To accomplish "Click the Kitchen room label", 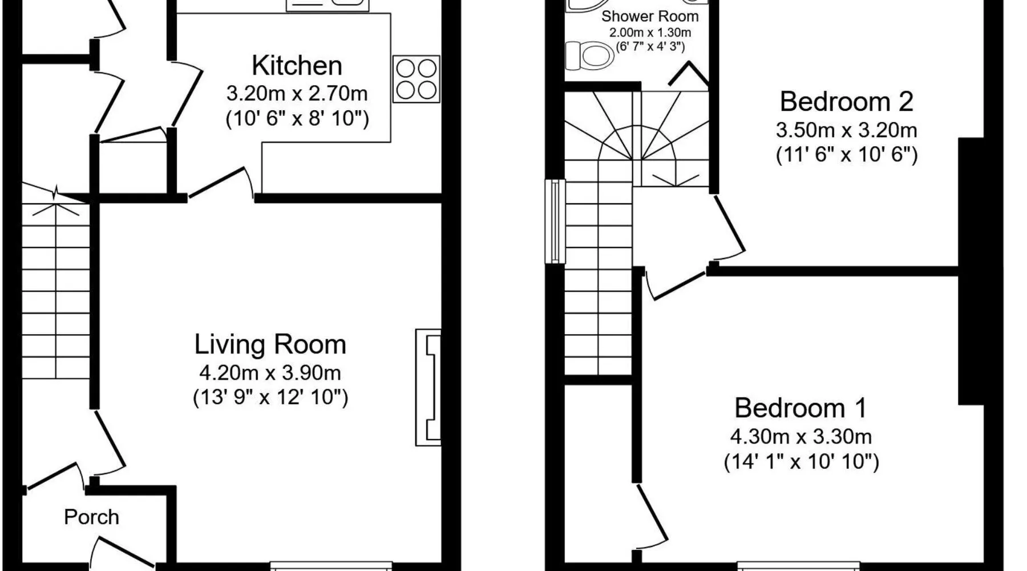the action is [x=297, y=66].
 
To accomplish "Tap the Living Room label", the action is [x=270, y=344].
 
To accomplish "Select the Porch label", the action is [x=91, y=517].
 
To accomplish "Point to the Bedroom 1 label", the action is [x=800, y=408].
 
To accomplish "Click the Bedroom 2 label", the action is [x=846, y=102].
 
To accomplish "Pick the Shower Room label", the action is [x=650, y=16].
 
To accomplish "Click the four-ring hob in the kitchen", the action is [x=417, y=79].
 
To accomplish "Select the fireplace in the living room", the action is [x=428, y=387].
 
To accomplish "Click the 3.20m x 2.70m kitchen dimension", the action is [x=297, y=93].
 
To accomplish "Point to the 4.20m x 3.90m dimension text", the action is [x=270, y=373].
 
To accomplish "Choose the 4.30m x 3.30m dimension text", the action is [x=800, y=437].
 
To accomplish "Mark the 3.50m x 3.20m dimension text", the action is [x=846, y=130].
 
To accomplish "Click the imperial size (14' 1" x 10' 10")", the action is [x=801, y=461].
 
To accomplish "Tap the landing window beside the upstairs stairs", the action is [x=555, y=222].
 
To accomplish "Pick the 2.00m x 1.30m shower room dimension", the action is [x=650, y=33].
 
